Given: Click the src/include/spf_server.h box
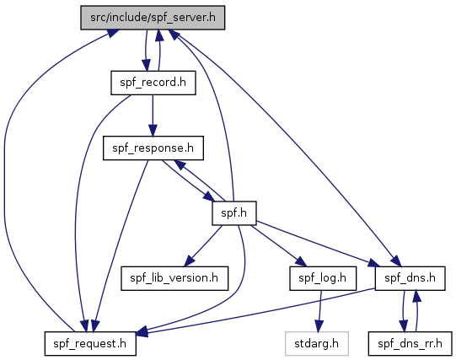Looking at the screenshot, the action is pyautogui.click(x=153, y=18).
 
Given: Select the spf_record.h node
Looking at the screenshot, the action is pyautogui.click(x=153, y=83).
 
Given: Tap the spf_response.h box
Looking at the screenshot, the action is pyautogui.click(x=153, y=148).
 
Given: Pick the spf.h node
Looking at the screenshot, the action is pyautogui.click(x=234, y=213).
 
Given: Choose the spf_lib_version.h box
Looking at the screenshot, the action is pyautogui.click(x=174, y=278).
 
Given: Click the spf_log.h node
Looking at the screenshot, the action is pyautogui.click(x=323, y=278).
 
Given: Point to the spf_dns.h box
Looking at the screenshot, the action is pyautogui.click(x=410, y=278).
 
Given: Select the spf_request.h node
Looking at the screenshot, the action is pyautogui.click(x=90, y=343).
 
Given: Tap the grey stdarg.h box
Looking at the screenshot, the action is pyautogui.click(x=317, y=343).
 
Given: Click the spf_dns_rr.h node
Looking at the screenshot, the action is pyautogui.click(x=410, y=343).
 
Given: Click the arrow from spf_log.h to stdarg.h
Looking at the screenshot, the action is pyautogui.click(x=319, y=311).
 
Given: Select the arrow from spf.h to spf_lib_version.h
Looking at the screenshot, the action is pyautogui.click(x=203, y=245).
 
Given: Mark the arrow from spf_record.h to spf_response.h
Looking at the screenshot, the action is pyautogui.click(x=153, y=116).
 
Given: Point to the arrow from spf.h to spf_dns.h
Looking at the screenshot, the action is pyautogui.click(x=318, y=244).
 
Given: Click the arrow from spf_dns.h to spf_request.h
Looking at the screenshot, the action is pyautogui.click(x=256, y=311).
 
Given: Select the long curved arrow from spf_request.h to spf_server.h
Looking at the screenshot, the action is pyautogui.click(x=5, y=175).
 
